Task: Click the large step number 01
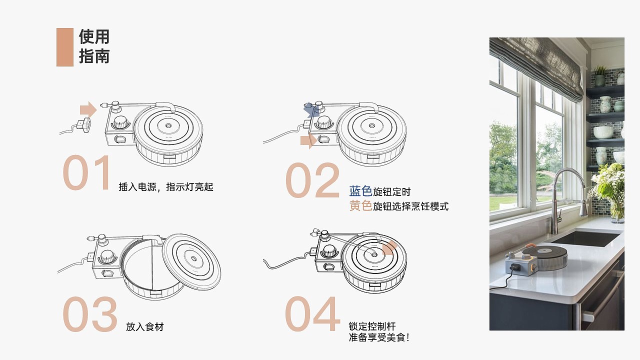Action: (86, 172)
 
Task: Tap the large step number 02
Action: (312, 180)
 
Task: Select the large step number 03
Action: (89, 313)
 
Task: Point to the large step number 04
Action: (312, 313)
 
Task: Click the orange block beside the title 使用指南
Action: (65, 47)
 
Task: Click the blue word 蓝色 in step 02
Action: (360, 191)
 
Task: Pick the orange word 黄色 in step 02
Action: (360, 205)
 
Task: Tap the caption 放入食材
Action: (145, 327)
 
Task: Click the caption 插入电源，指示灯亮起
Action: (166, 187)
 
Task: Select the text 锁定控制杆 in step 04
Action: (372, 326)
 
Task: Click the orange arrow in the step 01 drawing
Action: (88, 109)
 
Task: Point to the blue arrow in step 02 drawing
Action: (310, 110)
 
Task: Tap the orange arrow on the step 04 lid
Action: (389, 248)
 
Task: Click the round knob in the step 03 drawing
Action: (107, 257)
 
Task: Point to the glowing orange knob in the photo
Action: (533, 267)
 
